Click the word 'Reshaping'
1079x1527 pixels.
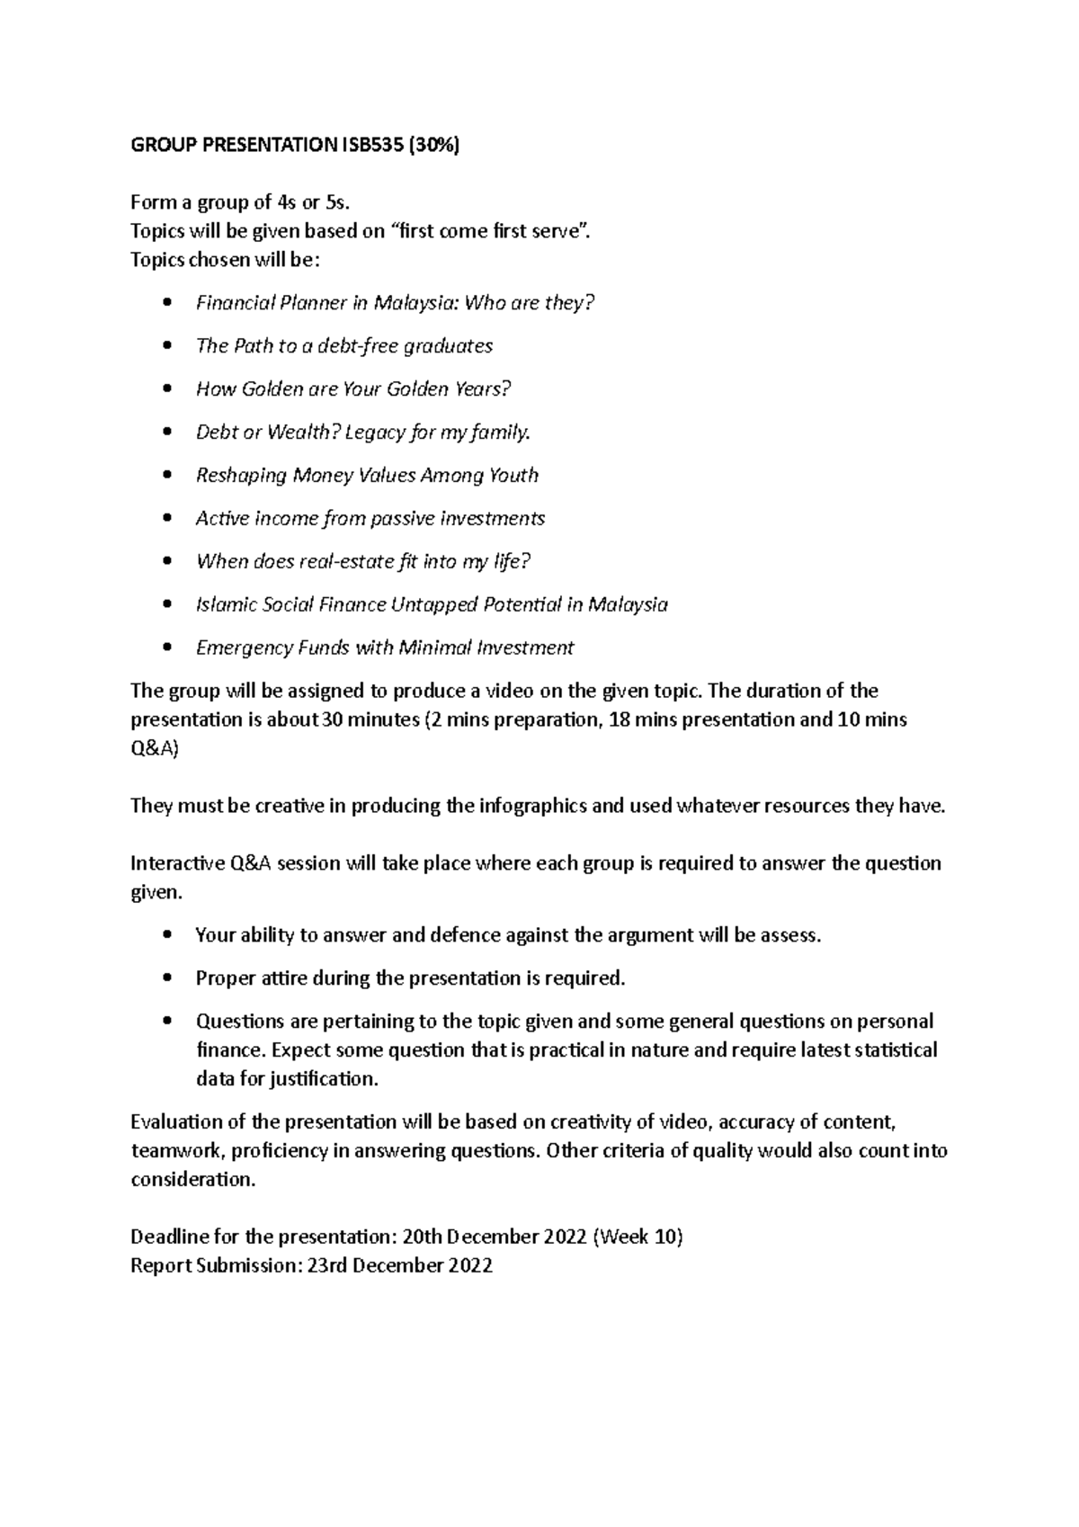(241, 476)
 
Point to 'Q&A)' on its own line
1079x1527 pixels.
(155, 749)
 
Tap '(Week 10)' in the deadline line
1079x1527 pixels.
(638, 1237)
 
